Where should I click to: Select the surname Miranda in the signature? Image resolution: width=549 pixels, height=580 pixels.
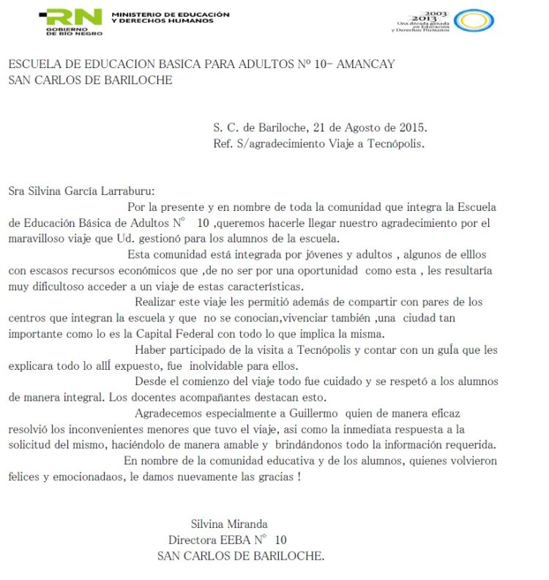click(x=247, y=524)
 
